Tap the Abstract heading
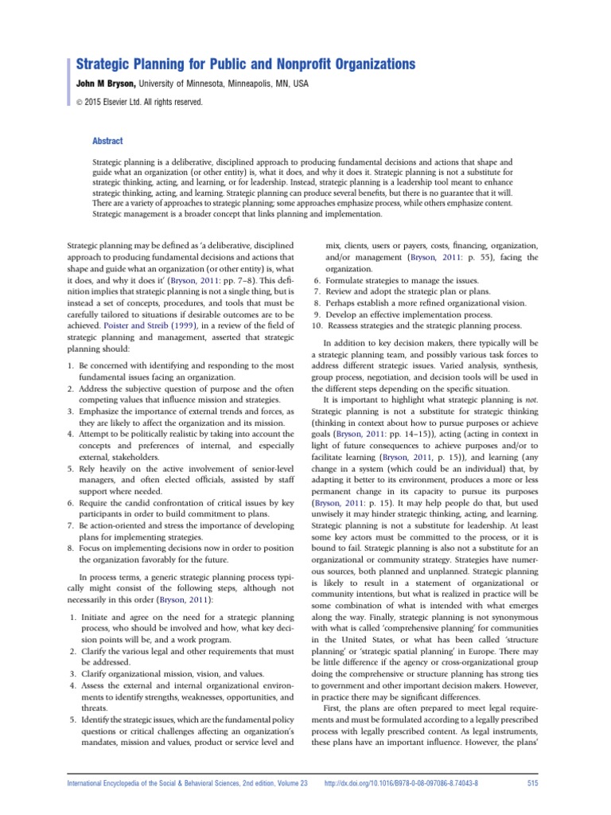(x=108, y=141)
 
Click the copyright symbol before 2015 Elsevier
(x=79, y=102)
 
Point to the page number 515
(x=533, y=783)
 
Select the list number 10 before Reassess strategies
(x=317, y=326)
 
